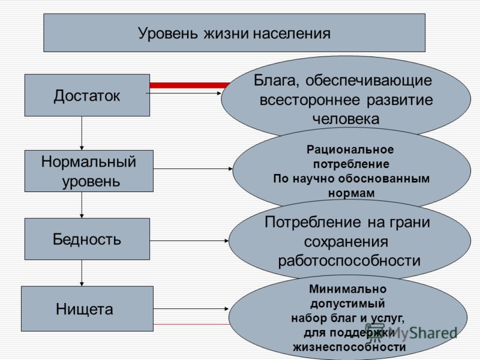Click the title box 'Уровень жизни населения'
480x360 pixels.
tap(234, 33)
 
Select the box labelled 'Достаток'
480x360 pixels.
tap(87, 95)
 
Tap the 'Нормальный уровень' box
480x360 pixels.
tap(89, 171)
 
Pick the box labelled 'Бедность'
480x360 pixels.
tap(87, 239)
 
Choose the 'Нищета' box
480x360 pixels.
tap(87, 308)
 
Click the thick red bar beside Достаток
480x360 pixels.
tap(190, 85)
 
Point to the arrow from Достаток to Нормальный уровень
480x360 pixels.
tap(82, 133)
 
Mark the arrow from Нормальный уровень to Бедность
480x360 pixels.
tap(82, 205)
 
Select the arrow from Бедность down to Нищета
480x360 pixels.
tap(82, 273)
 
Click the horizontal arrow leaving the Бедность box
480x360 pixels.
tap(190, 241)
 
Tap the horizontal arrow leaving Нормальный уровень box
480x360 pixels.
tap(193, 169)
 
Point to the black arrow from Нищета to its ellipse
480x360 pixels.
tap(191, 309)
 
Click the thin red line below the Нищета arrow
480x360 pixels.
tap(191, 324)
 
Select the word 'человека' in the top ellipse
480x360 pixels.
tap(346, 119)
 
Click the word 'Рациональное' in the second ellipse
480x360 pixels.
tap(350, 149)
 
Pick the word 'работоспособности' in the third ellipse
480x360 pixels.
tap(349, 261)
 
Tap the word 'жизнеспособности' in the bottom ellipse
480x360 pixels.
tap(349, 347)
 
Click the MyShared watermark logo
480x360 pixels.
tap(411, 333)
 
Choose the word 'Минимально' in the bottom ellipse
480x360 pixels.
tap(348, 289)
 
